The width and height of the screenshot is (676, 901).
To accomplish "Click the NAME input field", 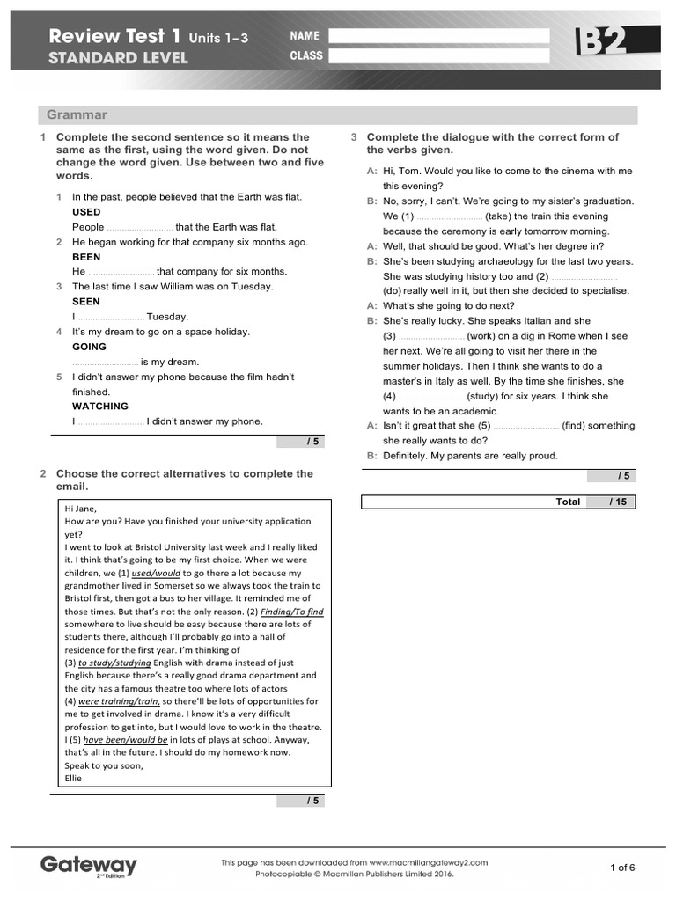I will click(x=437, y=36).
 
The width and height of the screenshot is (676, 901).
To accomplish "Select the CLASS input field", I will click(x=437, y=56).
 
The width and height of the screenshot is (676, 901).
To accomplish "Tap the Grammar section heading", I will click(x=77, y=115).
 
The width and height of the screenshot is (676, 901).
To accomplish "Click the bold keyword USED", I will click(x=86, y=212).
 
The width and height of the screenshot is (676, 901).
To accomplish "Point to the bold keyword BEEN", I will click(x=86, y=257).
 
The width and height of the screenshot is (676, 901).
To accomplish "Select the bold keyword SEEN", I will click(x=86, y=302).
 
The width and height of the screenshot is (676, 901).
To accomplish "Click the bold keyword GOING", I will click(x=89, y=347).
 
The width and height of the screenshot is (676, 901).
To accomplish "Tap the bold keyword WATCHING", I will click(x=99, y=407).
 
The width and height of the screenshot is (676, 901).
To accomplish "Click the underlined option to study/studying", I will click(x=114, y=663).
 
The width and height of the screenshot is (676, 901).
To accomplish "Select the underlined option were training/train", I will click(x=119, y=701).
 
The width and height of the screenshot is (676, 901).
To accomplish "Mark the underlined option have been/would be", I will click(x=125, y=740).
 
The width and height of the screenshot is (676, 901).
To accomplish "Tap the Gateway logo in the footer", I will click(x=88, y=866).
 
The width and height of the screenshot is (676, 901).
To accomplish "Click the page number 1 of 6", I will click(x=622, y=868).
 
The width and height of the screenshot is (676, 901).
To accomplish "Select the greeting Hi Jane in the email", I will click(x=81, y=508).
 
